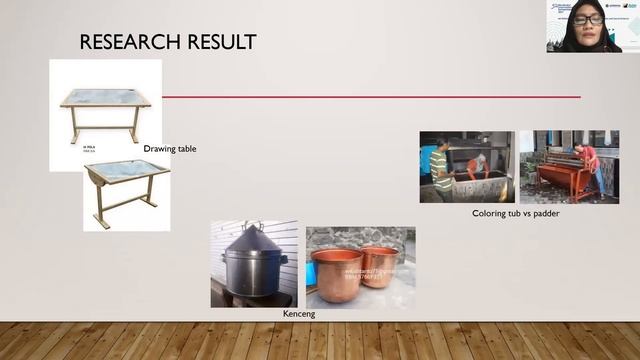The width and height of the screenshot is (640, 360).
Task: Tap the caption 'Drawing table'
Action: (x=170, y=149)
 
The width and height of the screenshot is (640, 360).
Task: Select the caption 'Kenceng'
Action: (x=300, y=315)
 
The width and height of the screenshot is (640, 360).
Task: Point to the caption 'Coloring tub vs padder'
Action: (x=516, y=213)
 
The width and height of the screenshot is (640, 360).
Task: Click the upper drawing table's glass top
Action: (x=104, y=98)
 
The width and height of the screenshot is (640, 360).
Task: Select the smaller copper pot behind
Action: (x=380, y=264)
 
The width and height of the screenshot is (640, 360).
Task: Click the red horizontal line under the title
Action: (x=370, y=97)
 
